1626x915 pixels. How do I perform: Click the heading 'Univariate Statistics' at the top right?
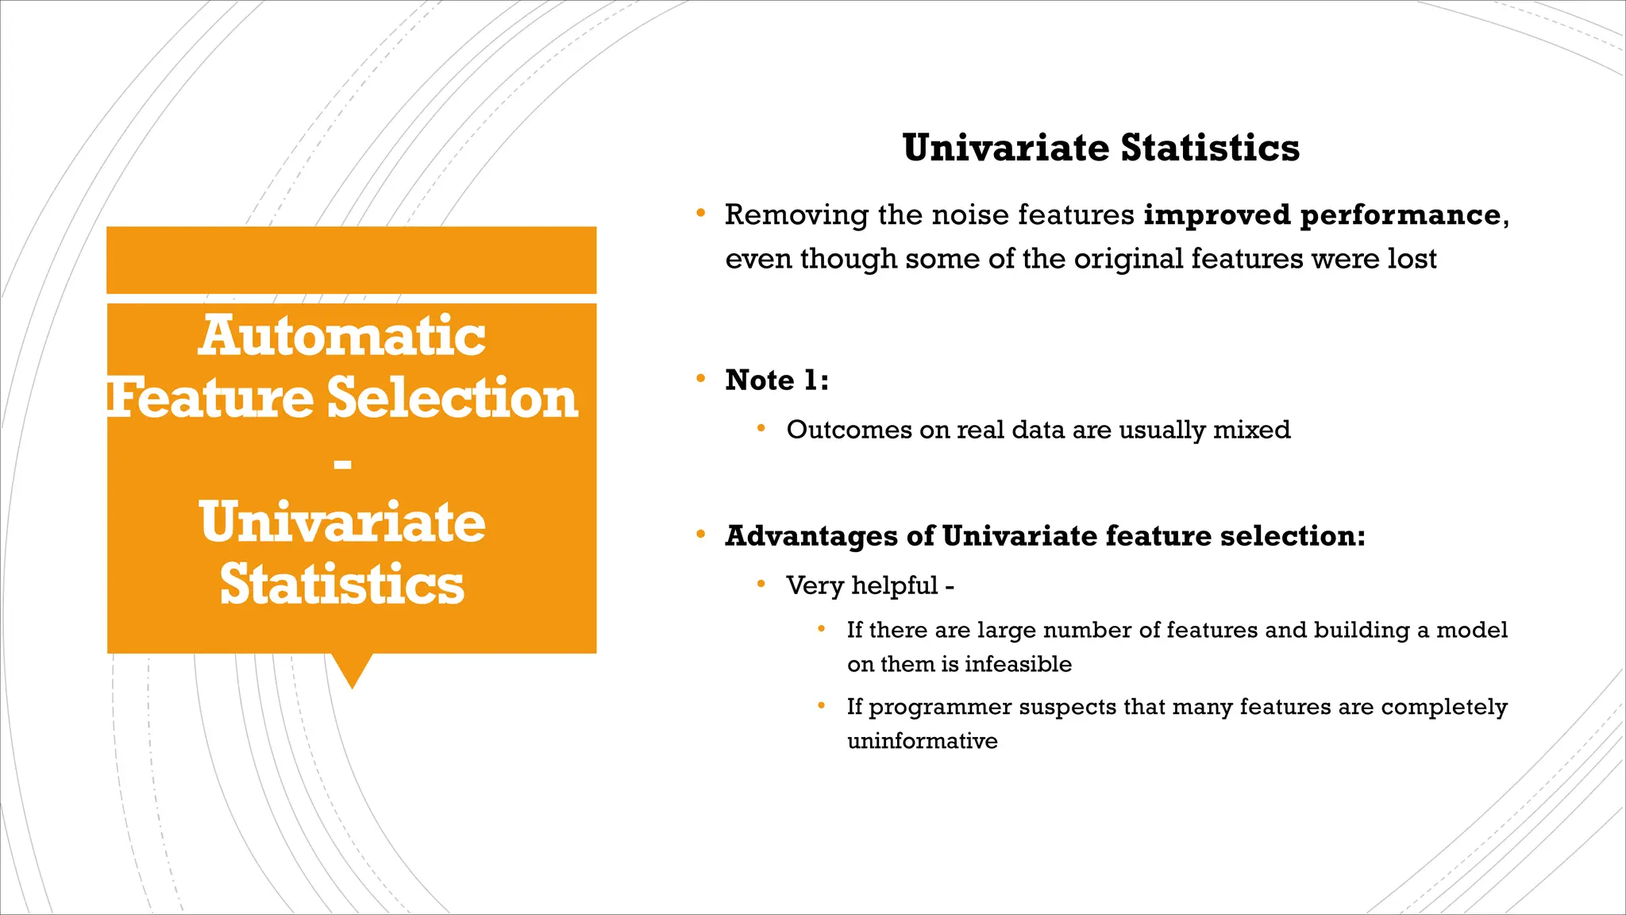click(x=1100, y=148)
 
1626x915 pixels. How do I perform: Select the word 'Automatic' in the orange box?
click(x=341, y=335)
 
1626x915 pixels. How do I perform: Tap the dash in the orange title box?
click(x=342, y=463)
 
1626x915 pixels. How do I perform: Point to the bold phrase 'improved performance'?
click(x=1322, y=214)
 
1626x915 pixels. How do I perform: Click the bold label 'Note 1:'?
click(x=776, y=380)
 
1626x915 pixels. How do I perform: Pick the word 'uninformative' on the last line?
click(x=922, y=741)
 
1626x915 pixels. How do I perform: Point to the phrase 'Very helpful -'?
click(x=869, y=585)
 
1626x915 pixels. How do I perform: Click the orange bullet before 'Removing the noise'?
click(x=700, y=214)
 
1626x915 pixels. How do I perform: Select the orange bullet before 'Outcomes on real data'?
click(x=761, y=429)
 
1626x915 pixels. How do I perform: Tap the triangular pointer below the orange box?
click(x=352, y=669)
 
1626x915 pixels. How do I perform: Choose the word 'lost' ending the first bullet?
click(x=1412, y=259)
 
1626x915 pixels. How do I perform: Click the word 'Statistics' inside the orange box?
click(x=341, y=585)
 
